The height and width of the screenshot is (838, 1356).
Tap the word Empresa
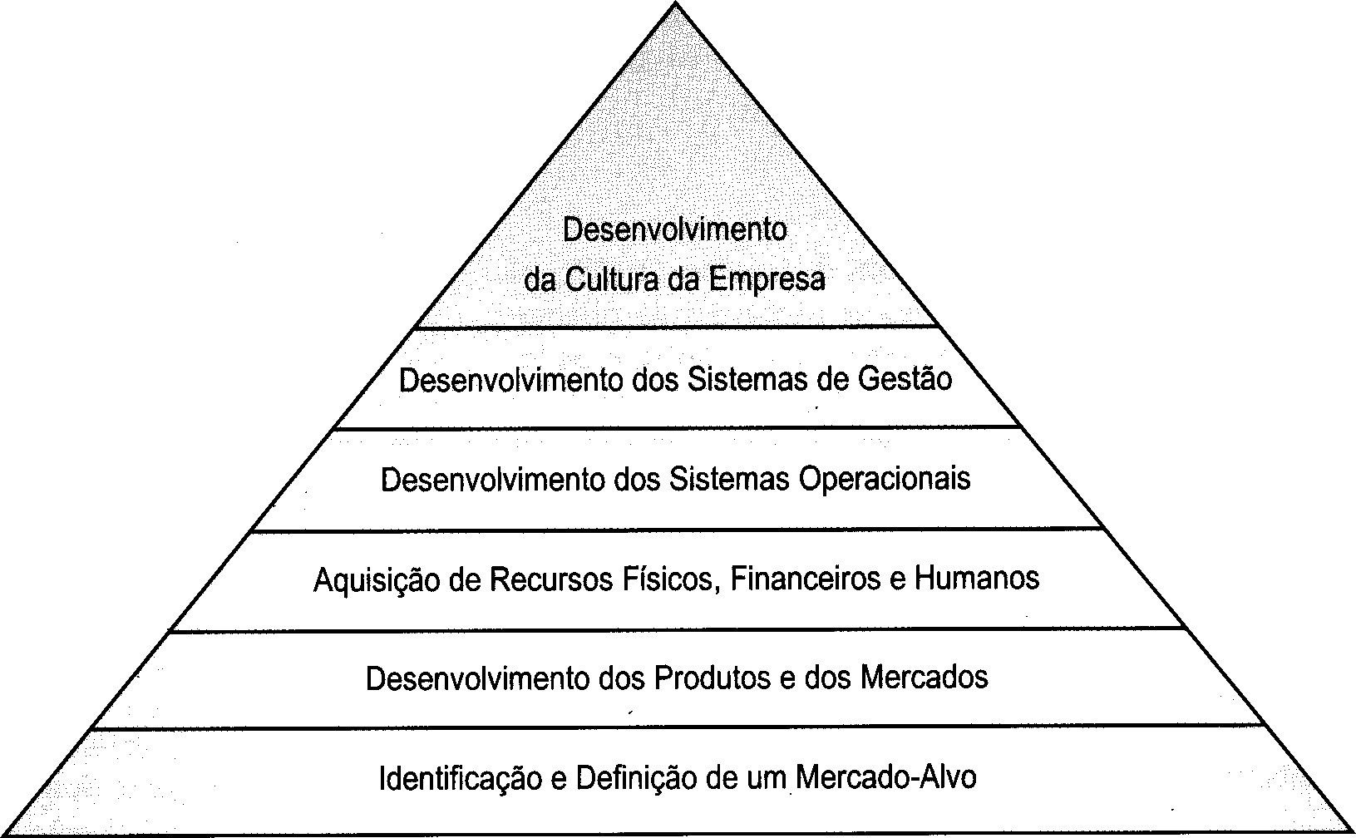tap(767, 279)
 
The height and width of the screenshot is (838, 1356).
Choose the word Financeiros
tap(806, 579)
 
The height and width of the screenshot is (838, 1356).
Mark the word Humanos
tap(977, 579)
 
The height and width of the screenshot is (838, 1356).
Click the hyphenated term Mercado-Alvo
tap(885, 777)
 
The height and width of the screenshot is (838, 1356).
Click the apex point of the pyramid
tap(676, 4)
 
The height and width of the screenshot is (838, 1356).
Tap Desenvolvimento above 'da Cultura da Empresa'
tap(674, 229)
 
